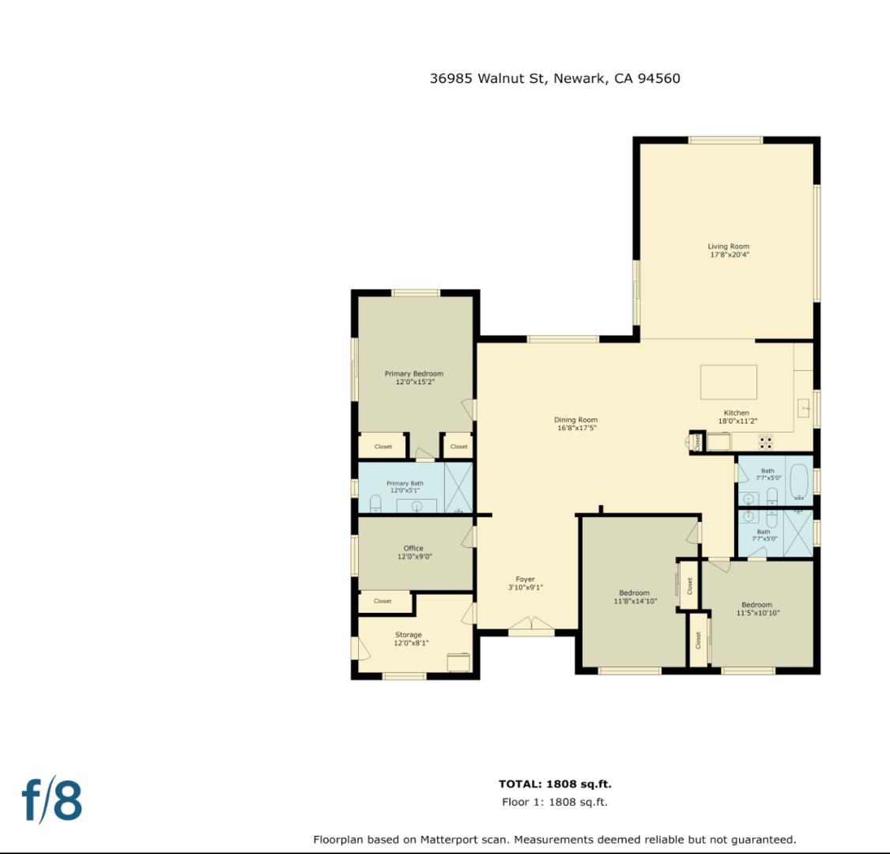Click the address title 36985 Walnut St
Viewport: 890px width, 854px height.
(555, 78)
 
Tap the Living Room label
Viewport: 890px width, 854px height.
(728, 251)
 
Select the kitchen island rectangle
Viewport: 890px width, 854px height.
(728, 383)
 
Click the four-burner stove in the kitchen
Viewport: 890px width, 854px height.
(765, 441)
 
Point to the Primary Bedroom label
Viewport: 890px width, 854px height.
(413, 377)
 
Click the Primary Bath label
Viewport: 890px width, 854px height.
(405, 487)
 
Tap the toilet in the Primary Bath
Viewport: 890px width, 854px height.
(375, 503)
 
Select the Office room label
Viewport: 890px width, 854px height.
(413, 552)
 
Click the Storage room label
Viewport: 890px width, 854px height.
(408, 639)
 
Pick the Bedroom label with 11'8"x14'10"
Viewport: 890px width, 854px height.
(634, 597)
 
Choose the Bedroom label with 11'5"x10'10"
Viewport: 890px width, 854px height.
(756, 609)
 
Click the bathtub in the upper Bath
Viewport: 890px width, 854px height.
(799, 482)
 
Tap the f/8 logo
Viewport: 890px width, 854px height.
(52, 800)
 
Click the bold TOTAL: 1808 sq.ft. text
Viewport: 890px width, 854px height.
(555, 784)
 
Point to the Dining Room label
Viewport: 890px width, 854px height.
(575, 424)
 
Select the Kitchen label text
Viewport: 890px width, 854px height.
(737, 417)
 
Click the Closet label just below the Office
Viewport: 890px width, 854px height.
(383, 601)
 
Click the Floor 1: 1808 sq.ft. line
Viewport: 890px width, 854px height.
(555, 802)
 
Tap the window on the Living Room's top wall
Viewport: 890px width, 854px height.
(725, 140)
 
